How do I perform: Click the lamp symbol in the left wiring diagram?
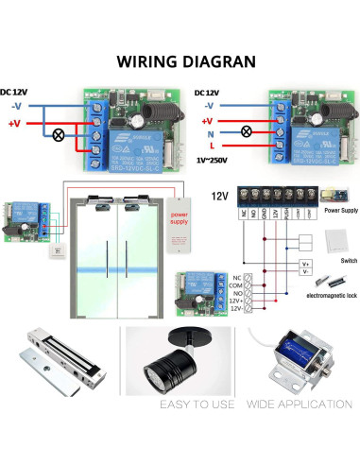point(61,135)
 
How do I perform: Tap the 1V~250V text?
point(214,162)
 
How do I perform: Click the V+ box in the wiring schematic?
point(305,264)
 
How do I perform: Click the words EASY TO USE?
point(180,405)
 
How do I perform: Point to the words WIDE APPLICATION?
point(298,405)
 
